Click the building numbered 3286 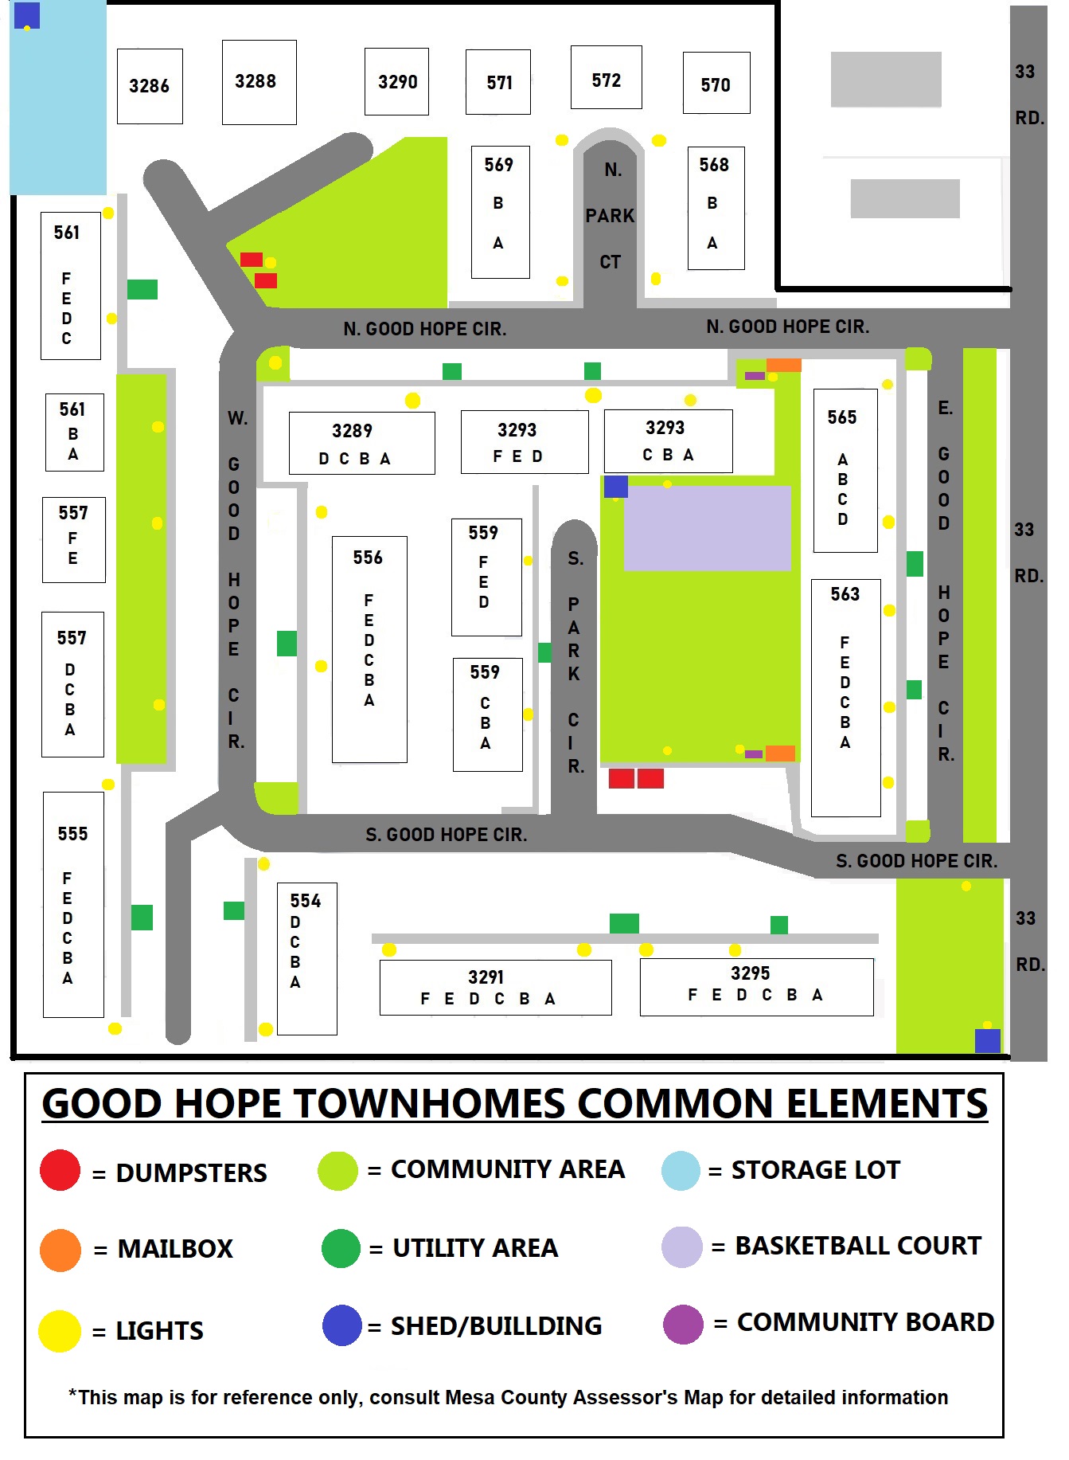150,86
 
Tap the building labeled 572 606,77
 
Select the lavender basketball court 707,528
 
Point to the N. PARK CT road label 610,216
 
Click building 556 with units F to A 369,648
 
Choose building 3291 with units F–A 495,987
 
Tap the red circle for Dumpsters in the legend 60,1170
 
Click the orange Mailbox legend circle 60,1250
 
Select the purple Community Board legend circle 683,1324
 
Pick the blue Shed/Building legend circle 342,1325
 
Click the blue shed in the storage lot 27,15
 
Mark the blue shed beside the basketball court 615,487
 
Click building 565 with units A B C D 845,470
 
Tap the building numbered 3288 259,82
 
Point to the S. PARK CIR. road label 574,661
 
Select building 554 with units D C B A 306,958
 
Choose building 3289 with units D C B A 361,443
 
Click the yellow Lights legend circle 60,1330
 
